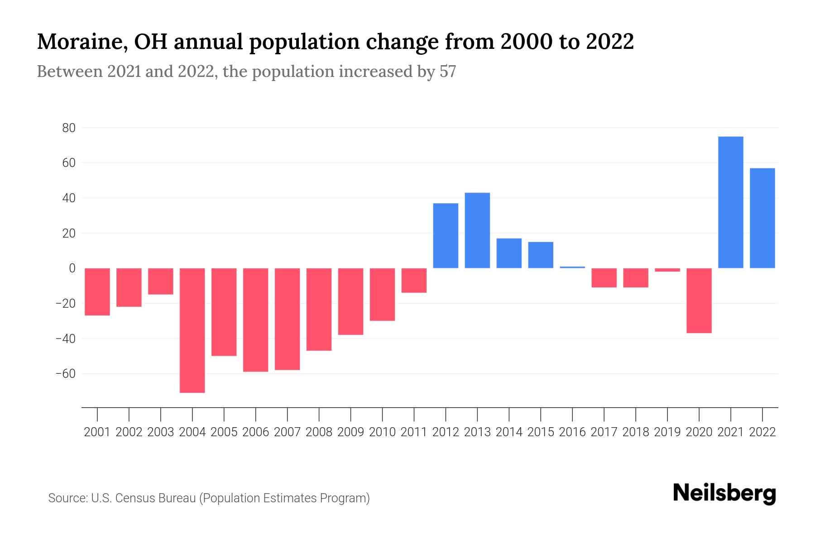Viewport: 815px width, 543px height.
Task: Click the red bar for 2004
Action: [x=192, y=330]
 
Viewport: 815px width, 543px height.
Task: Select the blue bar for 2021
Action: [x=731, y=202]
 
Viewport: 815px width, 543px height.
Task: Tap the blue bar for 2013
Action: [x=477, y=230]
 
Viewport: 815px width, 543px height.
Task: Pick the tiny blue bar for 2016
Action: [x=572, y=267]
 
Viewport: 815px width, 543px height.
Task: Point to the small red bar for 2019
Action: [x=667, y=270]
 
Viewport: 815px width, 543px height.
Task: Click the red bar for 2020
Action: [x=699, y=300]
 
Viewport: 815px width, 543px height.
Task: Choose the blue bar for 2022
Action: [x=762, y=218]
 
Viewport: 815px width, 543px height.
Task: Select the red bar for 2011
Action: [x=414, y=281]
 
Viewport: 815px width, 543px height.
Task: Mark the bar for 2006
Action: [x=256, y=320]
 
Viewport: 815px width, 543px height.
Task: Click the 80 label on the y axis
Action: [x=69, y=128]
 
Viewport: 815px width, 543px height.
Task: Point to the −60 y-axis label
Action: [x=65, y=374]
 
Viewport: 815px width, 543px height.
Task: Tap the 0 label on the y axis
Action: [x=72, y=268]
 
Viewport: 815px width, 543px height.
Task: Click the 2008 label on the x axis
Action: [x=319, y=432]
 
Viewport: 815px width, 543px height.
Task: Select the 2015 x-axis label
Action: [x=541, y=432]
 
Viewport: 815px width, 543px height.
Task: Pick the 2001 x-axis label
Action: [x=97, y=432]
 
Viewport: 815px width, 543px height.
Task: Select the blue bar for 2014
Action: [x=509, y=253]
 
